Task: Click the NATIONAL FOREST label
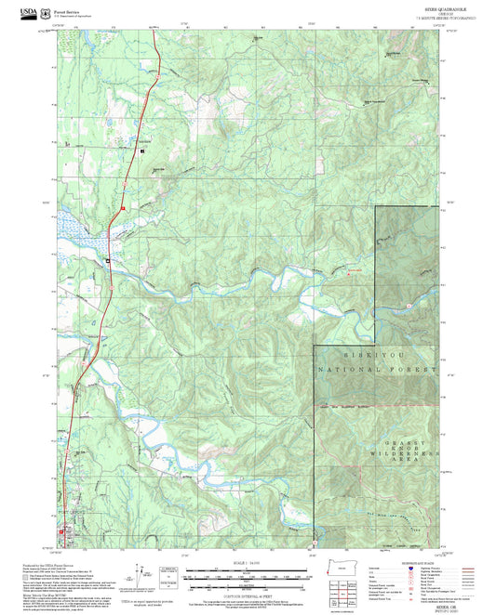[377, 370]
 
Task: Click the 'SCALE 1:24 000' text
[247, 561]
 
